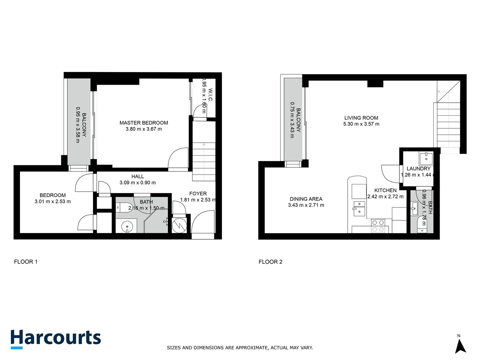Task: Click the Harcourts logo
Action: click(56, 339)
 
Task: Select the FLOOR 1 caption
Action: click(26, 262)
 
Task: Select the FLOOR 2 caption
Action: click(270, 262)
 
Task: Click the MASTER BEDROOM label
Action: click(144, 123)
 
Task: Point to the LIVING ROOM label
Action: click(361, 118)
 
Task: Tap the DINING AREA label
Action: click(306, 199)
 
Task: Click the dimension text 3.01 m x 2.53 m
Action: click(53, 201)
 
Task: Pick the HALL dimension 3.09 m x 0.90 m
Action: click(137, 183)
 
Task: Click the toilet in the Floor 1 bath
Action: click(124, 208)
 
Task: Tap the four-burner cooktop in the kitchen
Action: click(378, 226)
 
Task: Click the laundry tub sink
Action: click(426, 158)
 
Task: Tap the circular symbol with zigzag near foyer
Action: click(179, 225)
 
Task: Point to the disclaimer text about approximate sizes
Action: click(240, 348)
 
